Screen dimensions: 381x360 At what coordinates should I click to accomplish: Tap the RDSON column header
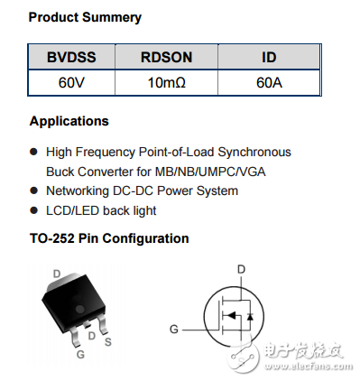click(x=166, y=58)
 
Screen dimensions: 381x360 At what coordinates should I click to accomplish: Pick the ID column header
click(x=269, y=58)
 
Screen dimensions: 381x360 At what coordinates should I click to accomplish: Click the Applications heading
click(x=69, y=121)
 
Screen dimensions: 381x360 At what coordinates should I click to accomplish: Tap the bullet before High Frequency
click(x=33, y=152)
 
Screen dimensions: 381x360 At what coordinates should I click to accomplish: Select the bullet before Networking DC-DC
click(x=33, y=191)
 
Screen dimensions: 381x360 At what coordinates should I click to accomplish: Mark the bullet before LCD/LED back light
click(x=33, y=211)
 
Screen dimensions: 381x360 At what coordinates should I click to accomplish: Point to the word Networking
click(x=79, y=190)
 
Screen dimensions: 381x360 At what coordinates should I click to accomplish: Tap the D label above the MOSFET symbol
click(x=241, y=269)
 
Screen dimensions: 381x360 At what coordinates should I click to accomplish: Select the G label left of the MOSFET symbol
click(x=174, y=329)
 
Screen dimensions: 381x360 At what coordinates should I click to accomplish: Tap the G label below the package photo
click(x=80, y=355)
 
